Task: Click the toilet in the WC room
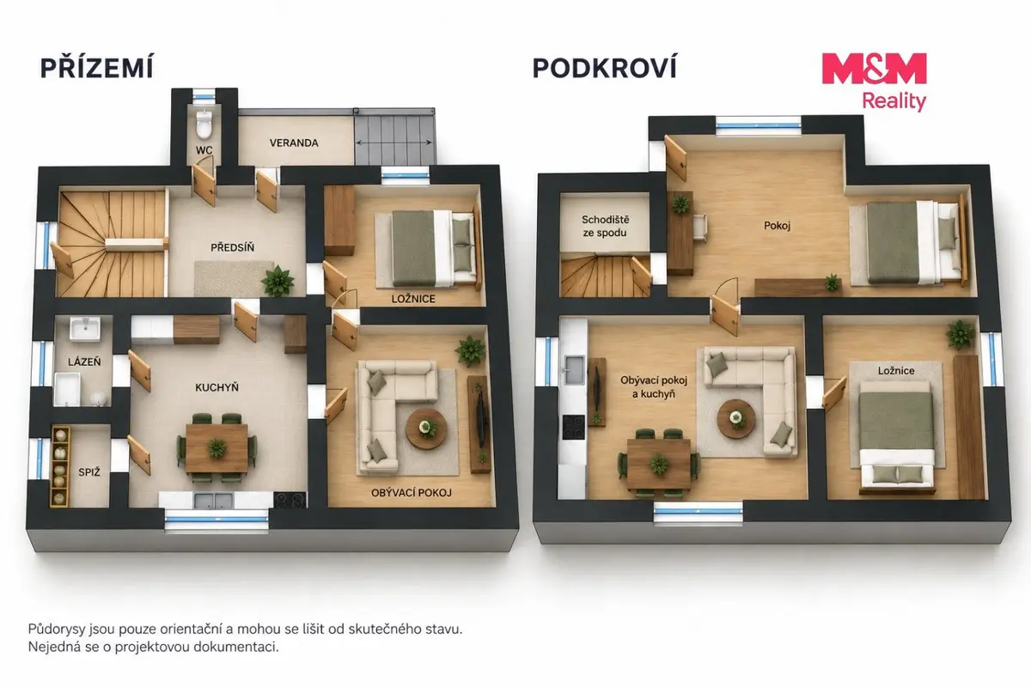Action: pyautogui.click(x=203, y=124)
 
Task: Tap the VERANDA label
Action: pyautogui.click(x=294, y=143)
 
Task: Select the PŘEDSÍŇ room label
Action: pyautogui.click(x=233, y=247)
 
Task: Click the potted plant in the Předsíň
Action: pyautogui.click(x=278, y=281)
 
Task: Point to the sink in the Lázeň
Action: pyautogui.click(x=85, y=329)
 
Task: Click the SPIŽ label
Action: pyautogui.click(x=88, y=472)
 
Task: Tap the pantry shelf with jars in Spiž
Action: pyautogui.click(x=60, y=465)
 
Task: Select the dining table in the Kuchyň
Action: pyautogui.click(x=217, y=448)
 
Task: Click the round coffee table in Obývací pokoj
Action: pyautogui.click(x=426, y=429)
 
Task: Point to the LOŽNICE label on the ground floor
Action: pyautogui.click(x=413, y=299)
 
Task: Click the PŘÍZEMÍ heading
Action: pyautogui.click(x=96, y=67)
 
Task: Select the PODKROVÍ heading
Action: pyautogui.click(x=604, y=68)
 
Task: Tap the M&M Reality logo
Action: pyautogui.click(x=875, y=82)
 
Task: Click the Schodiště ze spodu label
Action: pyautogui.click(x=605, y=226)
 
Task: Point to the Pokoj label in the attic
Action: pyautogui.click(x=777, y=226)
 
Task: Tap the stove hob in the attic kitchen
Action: pyautogui.click(x=574, y=427)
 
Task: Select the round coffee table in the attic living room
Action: pyautogui.click(x=736, y=419)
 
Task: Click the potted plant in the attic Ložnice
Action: pyautogui.click(x=961, y=335)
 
